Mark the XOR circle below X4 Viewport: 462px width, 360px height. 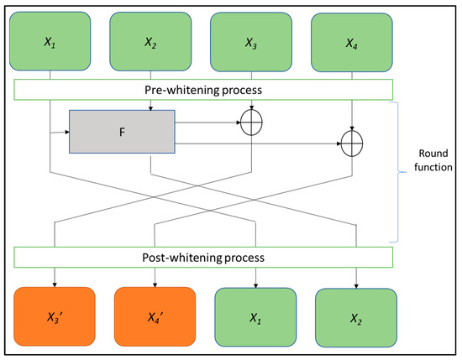pos(352,143)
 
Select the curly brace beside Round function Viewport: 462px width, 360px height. pos(402,172)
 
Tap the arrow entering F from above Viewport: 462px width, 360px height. pos(150,105)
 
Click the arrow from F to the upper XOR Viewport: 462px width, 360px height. pos(210,123)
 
